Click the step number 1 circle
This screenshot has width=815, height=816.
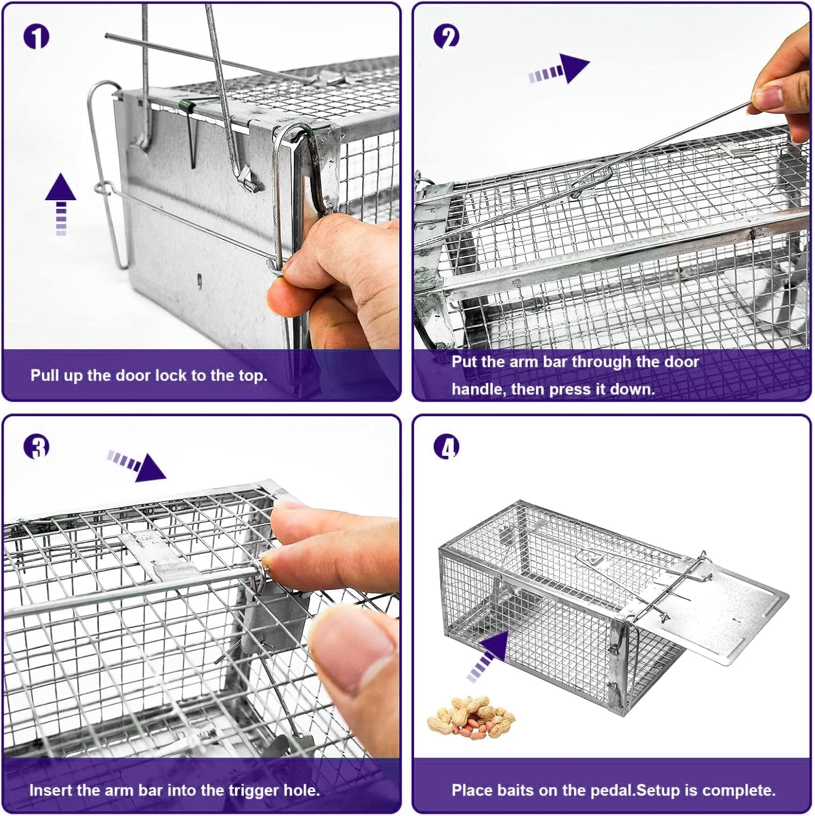pyautogui.click(x=36, y=36)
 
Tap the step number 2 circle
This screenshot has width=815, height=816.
pyautogui.click(x=446, y=36)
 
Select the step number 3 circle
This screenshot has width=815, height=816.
pyautogui.click(x=36, y=447)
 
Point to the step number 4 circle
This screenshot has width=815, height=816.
pyautogui.click(x=446, y=447)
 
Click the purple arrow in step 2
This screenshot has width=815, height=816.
pyautogui.click(x=560, y=69)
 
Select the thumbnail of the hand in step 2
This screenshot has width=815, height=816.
pyautogui.click(x=768, y=97)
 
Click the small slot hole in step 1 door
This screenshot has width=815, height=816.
pyautogui.click(x=199, y=281)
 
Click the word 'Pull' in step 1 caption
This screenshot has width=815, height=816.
pyautogui.click(x=44, y=375)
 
